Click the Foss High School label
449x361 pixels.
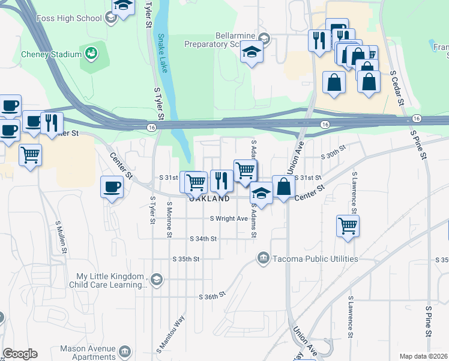pos(71,18)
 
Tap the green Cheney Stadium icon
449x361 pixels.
pos(91,54)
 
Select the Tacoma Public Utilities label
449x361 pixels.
pos(315,259)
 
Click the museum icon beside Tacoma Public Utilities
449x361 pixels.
pos(263,258)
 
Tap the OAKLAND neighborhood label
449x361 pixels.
pos(209,199)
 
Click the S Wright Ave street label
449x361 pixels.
pos(229,218)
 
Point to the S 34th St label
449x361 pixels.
pos(202,239)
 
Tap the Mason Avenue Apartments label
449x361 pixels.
pos(88,353)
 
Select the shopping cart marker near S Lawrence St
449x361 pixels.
pos(348,227)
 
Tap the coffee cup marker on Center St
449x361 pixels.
pos(112,187)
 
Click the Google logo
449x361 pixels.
pos(20,354)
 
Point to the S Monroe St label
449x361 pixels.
pos(171,218)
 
